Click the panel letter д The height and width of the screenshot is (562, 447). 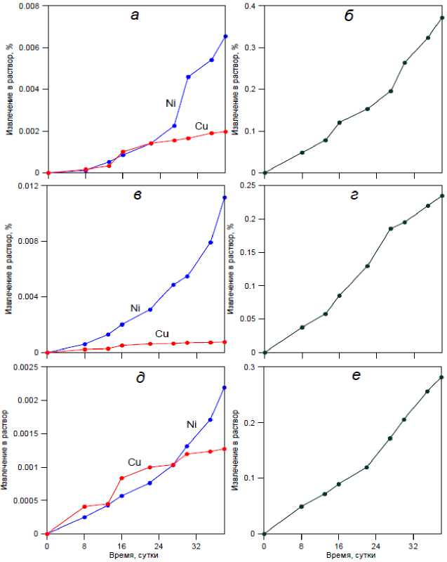tap(140, 378)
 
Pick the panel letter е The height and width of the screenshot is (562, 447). tap(356, 377)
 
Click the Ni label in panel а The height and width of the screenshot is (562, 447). tap(171, 103)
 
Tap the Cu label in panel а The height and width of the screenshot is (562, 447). tap(201, 126)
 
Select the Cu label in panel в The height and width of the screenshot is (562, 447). tap(161, 334)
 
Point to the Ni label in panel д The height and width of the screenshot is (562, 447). tap(192, 424)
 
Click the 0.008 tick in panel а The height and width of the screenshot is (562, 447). tap(29, 6)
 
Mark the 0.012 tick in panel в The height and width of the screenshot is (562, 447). tap(29, 186)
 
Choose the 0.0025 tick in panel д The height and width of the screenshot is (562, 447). tap(27, 367)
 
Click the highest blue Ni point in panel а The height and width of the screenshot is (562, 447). tap(225, 36)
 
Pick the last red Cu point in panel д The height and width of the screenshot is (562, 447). tap(225, 448)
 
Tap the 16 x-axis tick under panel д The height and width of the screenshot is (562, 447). tap(121, 544)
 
